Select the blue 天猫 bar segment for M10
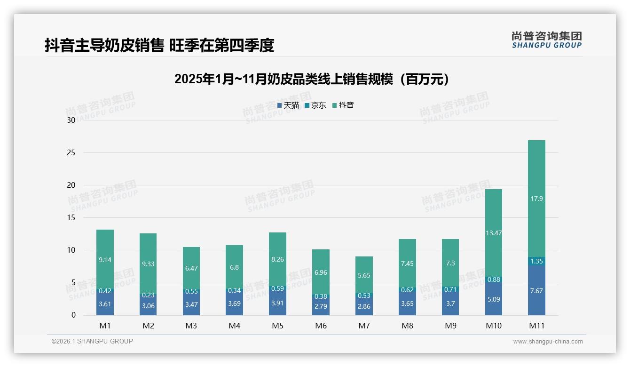493,299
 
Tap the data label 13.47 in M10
493,232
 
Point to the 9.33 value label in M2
148,264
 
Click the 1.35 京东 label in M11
536,261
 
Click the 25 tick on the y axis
71,153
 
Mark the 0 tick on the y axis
73,315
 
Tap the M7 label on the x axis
364,326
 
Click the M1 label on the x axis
105,326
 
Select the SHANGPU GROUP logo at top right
546,40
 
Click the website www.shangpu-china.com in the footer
548,342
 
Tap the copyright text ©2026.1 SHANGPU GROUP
92,341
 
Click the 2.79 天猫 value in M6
321,306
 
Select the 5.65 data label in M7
364,276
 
